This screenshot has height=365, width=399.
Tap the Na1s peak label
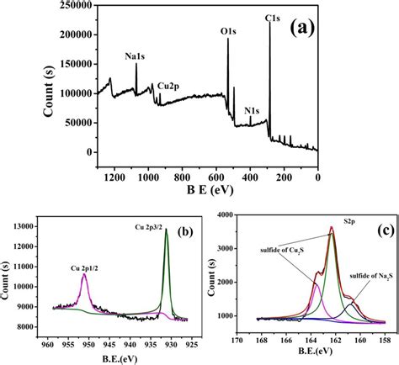pos(137,56)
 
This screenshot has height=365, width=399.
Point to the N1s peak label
pos(252,108)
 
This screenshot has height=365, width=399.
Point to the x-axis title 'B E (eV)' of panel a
pos(206,191)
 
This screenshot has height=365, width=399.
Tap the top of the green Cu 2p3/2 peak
pos(167,230)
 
